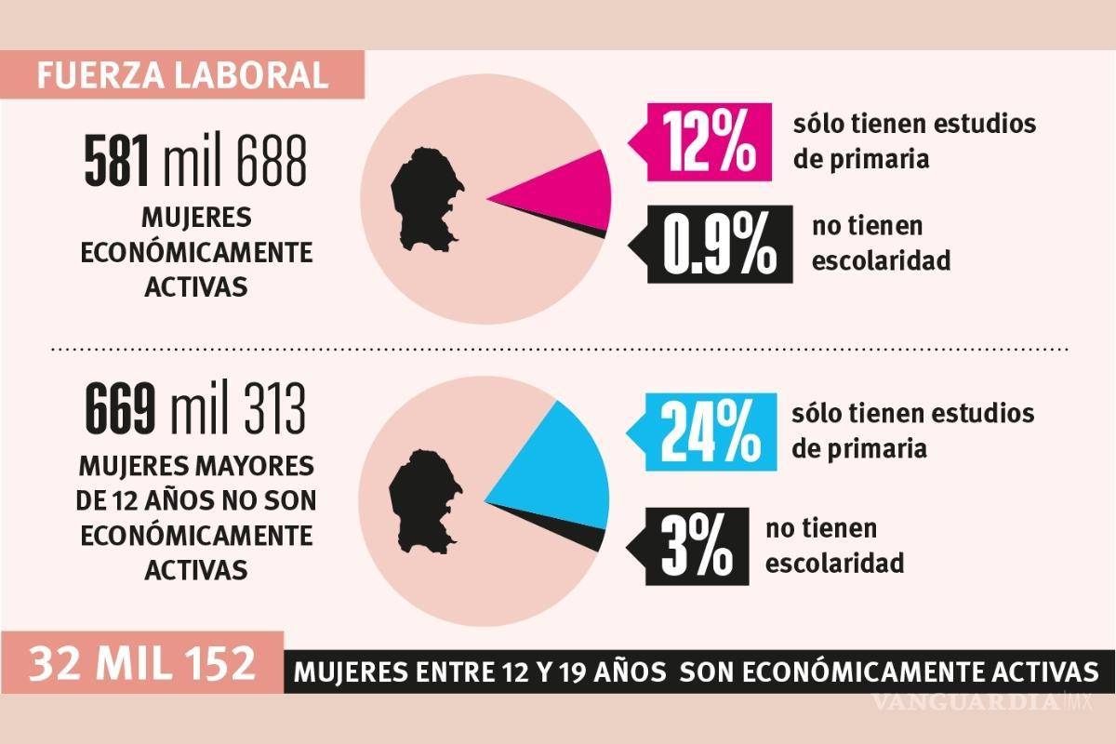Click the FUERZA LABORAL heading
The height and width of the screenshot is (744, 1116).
(x=182, y=73)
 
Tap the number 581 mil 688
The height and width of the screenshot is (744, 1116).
(x=195, y=162)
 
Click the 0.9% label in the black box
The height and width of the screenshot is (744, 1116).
(x=718, y=246)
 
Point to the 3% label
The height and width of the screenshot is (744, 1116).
(x=696, y=547)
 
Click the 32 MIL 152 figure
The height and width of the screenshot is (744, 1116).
(x=140, y=665)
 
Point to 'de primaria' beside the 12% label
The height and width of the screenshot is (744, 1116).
(x=860, y=159)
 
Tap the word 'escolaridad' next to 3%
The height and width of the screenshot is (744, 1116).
(x=834, y=563)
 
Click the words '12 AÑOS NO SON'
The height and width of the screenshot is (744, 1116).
(x=196, y=500)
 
